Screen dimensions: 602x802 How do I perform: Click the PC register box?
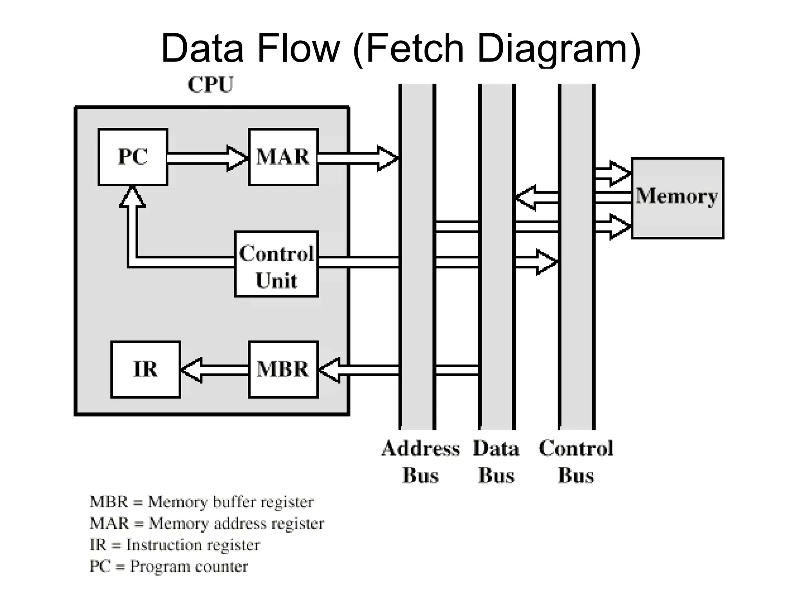coord(133,157)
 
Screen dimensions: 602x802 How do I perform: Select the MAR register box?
coord(283,157)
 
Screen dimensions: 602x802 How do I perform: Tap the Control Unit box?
coord(276,264)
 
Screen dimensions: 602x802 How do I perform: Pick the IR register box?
coord(146,369)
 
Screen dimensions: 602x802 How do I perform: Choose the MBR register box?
coord(283,369)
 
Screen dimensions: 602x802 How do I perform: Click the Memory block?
coord(677,198)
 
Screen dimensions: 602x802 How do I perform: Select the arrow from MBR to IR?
coord(213,370)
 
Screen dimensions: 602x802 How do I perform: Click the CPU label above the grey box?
coord(210,85)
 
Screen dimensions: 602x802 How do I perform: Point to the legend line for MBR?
coord(201,502)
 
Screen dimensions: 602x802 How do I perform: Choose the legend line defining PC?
coord(169,566)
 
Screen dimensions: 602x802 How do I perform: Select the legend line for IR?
coord(175,545)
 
